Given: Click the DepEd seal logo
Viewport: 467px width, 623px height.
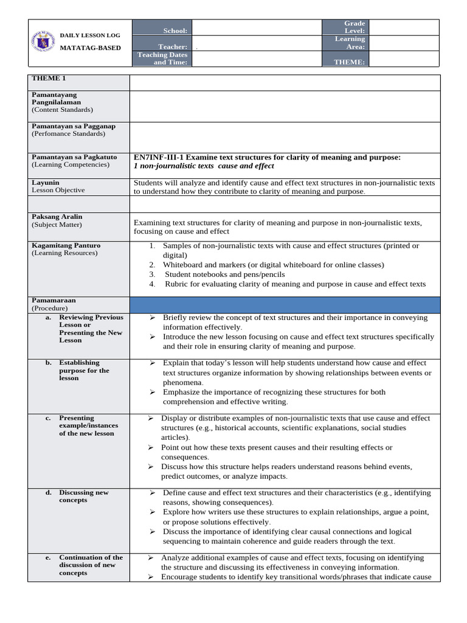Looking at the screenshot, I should pyautogui.click(x=43, y=43).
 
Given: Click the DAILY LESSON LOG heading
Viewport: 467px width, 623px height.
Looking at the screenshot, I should pyautogui.click(x=90, y=36).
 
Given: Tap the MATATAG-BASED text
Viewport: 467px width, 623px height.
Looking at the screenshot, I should pyautogui.click(x=90, y=48).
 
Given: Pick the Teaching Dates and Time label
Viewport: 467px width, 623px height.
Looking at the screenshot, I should pyautogui.click(x=162, y=58).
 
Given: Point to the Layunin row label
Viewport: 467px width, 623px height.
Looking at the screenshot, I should pyautogui.click(x=46, y=183).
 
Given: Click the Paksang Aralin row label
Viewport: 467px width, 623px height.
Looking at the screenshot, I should pyautogui.click(x=57, y=217).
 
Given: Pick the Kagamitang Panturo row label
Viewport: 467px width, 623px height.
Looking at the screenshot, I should pyautogui.click(x=66, y=246).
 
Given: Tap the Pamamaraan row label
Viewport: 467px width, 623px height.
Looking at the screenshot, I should pyautogui.click(x=54, y=301).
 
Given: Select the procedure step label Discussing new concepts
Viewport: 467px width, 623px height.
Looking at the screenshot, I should pyautogui.click(x=83, y=496).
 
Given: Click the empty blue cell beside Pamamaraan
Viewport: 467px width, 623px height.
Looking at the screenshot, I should pyautogui.click(x=284, y=304).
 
